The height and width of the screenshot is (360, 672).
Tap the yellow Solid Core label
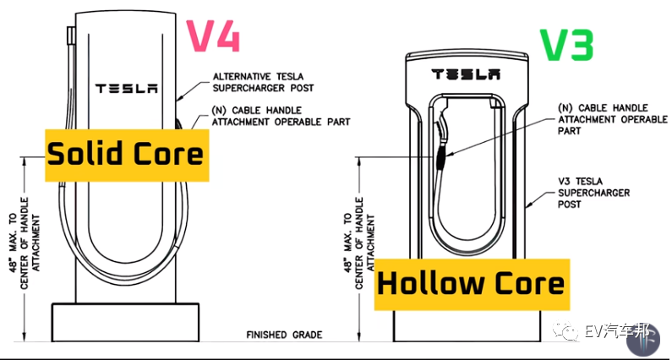[x=125, y=155]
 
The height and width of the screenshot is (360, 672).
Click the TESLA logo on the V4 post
[x=127, y=88]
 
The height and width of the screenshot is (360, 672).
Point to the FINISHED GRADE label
[x=284, y=335]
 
